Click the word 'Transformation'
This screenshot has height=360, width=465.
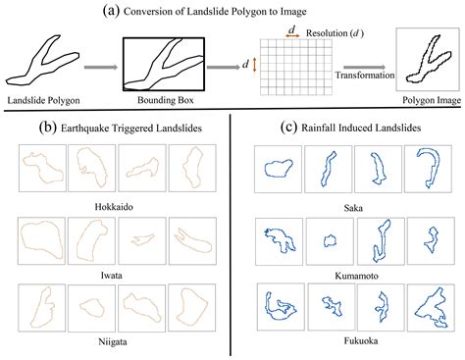coord(359,75)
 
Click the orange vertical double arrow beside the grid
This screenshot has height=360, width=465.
coord(255,65)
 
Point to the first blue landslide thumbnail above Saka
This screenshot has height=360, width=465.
coord(276,169)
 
